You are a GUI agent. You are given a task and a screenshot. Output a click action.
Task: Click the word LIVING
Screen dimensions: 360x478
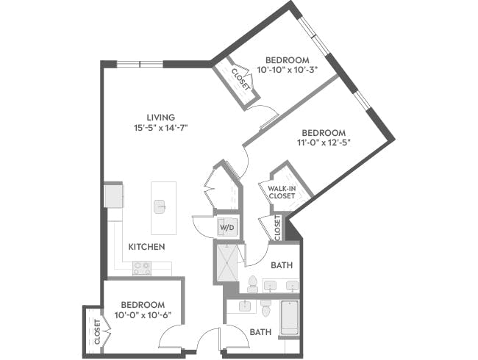pyautogui.click(x=160, y=117)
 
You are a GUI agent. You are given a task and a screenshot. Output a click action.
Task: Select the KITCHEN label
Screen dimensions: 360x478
pyautogui.click(x=146, y=247)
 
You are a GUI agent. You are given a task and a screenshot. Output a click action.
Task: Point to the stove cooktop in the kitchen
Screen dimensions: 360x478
pyautogui.click(x=142, y=267)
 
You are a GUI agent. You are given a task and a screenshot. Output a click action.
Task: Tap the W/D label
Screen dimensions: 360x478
pyautogui.click(x=226, y=227)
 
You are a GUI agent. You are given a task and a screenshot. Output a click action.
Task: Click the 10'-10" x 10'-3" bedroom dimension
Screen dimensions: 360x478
pyautogui.click(x=288, y=71)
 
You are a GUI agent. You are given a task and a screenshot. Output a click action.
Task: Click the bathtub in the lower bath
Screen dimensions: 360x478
pyautogui.click(x=290, y=317)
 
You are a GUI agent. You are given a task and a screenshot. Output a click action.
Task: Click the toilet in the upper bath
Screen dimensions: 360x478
pyautogui.click(x=253, y=283)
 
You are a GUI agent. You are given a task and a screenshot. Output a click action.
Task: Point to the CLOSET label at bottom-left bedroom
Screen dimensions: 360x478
pyautogui.click(x=97, y=332)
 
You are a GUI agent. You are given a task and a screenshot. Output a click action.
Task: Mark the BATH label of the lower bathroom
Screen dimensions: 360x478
pyautogui.click(x=260, y=332)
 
